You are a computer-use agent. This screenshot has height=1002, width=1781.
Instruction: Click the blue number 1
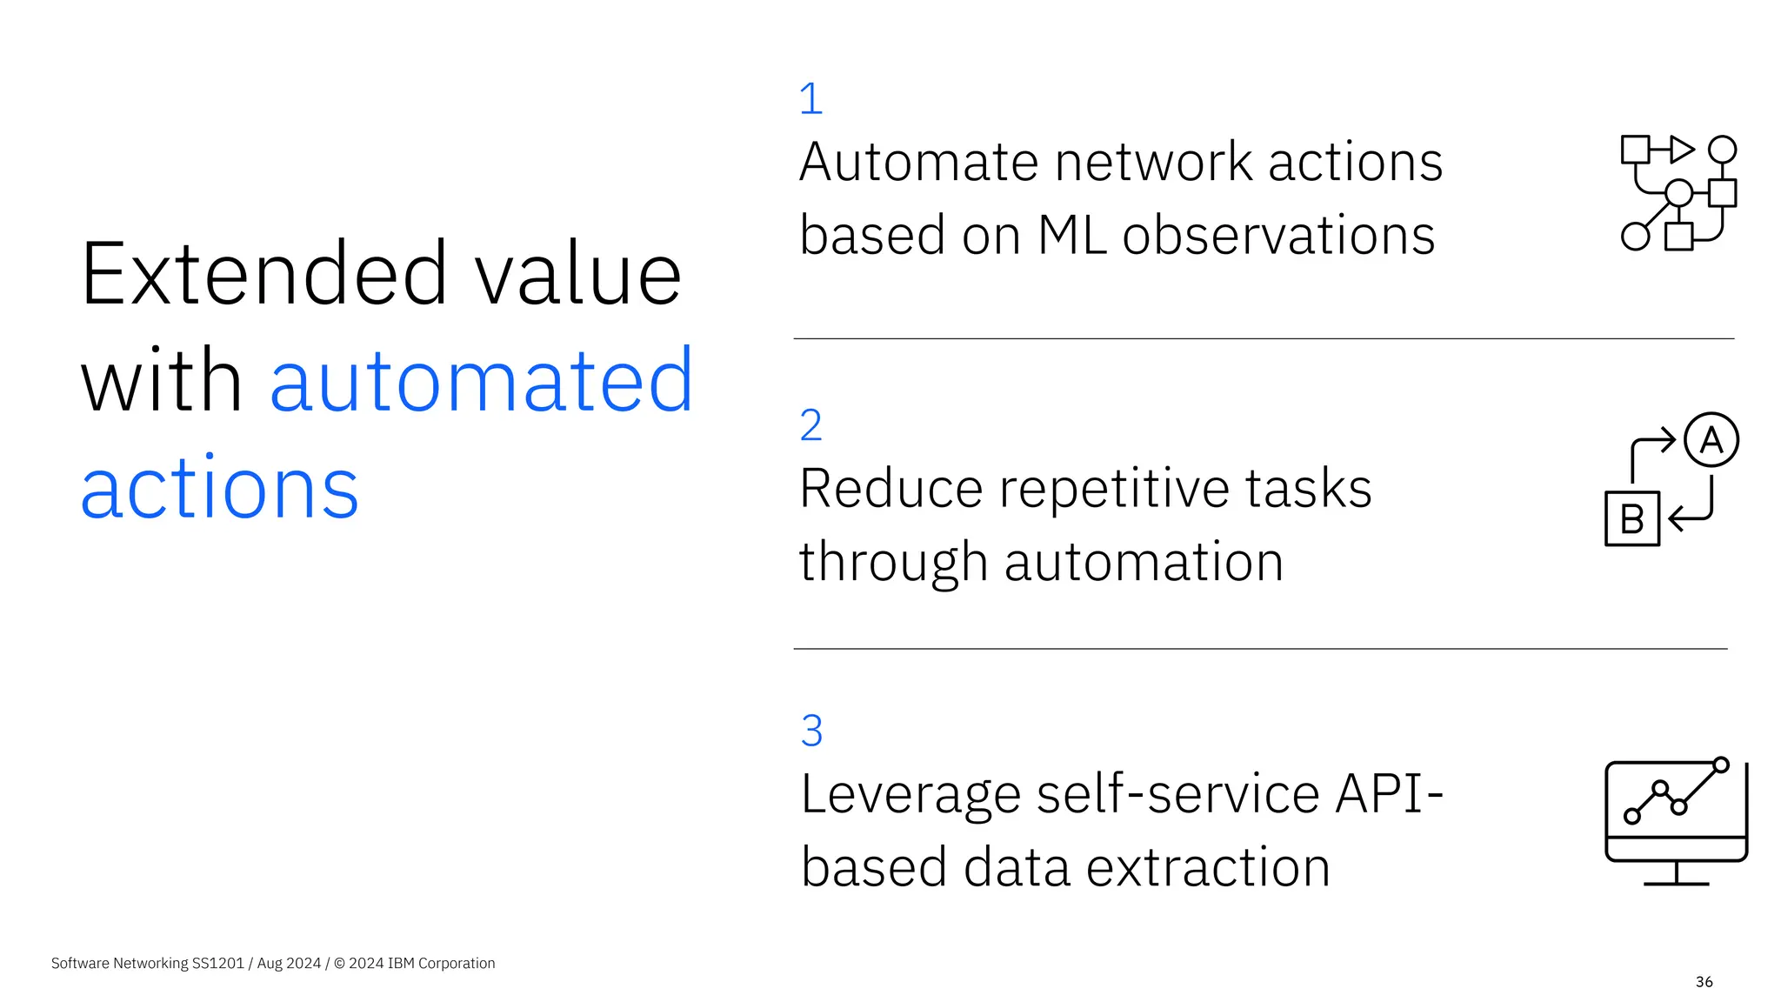click(x=810, y=98)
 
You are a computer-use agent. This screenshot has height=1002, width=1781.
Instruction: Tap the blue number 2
click(x=810, y=425)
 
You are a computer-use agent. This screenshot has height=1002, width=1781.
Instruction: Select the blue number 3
click(x=811, y=731)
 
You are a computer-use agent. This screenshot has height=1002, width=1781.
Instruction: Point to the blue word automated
click(x=482, y=381)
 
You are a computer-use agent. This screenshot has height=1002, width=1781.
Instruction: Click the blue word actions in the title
click(x=219, y=488)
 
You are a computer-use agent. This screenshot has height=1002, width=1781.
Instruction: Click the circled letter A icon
click(x=1711, y=440)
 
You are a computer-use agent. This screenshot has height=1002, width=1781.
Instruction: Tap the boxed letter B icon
click(x=1631, y=519)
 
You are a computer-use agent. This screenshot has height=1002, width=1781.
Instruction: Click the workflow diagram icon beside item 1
click(x=1678, y=193)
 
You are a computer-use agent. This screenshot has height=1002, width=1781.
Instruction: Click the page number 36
click(x=1704, y=982)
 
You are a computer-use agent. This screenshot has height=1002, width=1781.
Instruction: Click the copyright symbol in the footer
click(x=339, y=963)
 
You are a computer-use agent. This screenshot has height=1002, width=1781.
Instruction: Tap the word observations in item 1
click(x=1278, y=236)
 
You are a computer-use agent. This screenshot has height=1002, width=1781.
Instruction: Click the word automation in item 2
click(x=1144, y=562)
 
